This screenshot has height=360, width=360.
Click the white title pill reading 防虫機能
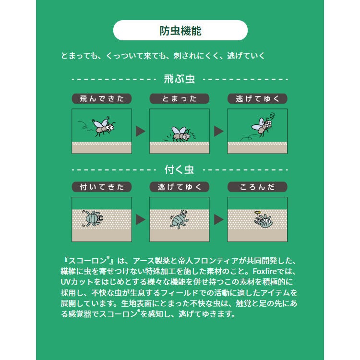point(180,30)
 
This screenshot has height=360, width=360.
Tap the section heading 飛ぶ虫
point(180,79)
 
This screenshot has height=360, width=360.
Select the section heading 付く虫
point(180,170)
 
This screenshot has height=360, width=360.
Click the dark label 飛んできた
point(102,99)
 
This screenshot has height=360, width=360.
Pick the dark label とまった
point(180,99)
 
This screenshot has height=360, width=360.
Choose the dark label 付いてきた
point(102,187)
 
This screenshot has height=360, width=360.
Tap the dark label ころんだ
point(257,187)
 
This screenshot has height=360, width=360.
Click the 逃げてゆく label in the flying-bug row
point(257,99)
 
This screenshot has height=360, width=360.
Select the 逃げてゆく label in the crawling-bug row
point(180,187)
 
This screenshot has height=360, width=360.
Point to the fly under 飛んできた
point(104,127)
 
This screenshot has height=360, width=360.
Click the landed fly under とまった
point(181,134)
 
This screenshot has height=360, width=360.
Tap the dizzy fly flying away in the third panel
point(263,125)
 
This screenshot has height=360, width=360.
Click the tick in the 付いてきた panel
point(92,218)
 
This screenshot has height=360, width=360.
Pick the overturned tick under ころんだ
point(264,221)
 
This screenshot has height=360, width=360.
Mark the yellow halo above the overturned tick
point(258,212)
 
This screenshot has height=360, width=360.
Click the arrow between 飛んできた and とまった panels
point(140,131)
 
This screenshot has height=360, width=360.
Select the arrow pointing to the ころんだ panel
point(218,219)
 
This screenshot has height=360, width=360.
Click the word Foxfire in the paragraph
point(264,271)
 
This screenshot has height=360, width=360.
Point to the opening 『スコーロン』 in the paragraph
point(87,261)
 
